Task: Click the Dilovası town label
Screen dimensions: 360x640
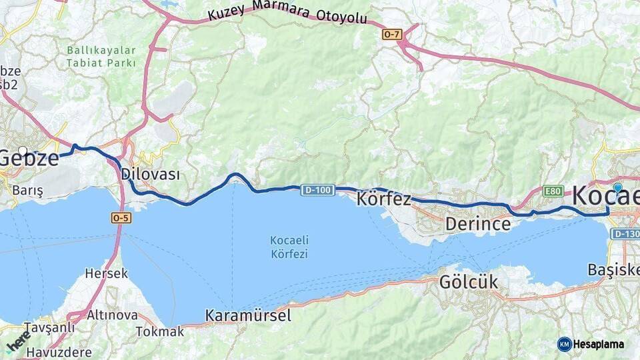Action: point(151,174)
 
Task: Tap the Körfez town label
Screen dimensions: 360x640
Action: point(384,199)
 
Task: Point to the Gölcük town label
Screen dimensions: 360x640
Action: point(469,282)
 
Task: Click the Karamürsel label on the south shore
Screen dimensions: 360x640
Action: point(248,315)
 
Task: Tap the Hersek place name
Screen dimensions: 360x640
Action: point(107,273)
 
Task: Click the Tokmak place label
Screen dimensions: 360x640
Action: point(160,331)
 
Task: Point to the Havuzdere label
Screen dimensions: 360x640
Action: point(59,347)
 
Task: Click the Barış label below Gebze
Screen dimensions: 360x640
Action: point(27,191)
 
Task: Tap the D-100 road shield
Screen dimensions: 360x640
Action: point(317,191)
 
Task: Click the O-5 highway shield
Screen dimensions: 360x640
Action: point(121,217)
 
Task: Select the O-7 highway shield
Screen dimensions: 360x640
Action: point(392,33)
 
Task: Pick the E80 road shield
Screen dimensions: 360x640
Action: point(553,191)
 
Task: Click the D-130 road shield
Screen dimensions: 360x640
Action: point(625,234)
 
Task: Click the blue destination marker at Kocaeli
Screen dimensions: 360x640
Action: point(618,189)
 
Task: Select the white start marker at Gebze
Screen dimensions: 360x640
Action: point(23,151)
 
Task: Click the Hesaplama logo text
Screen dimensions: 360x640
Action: point(599,344)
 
